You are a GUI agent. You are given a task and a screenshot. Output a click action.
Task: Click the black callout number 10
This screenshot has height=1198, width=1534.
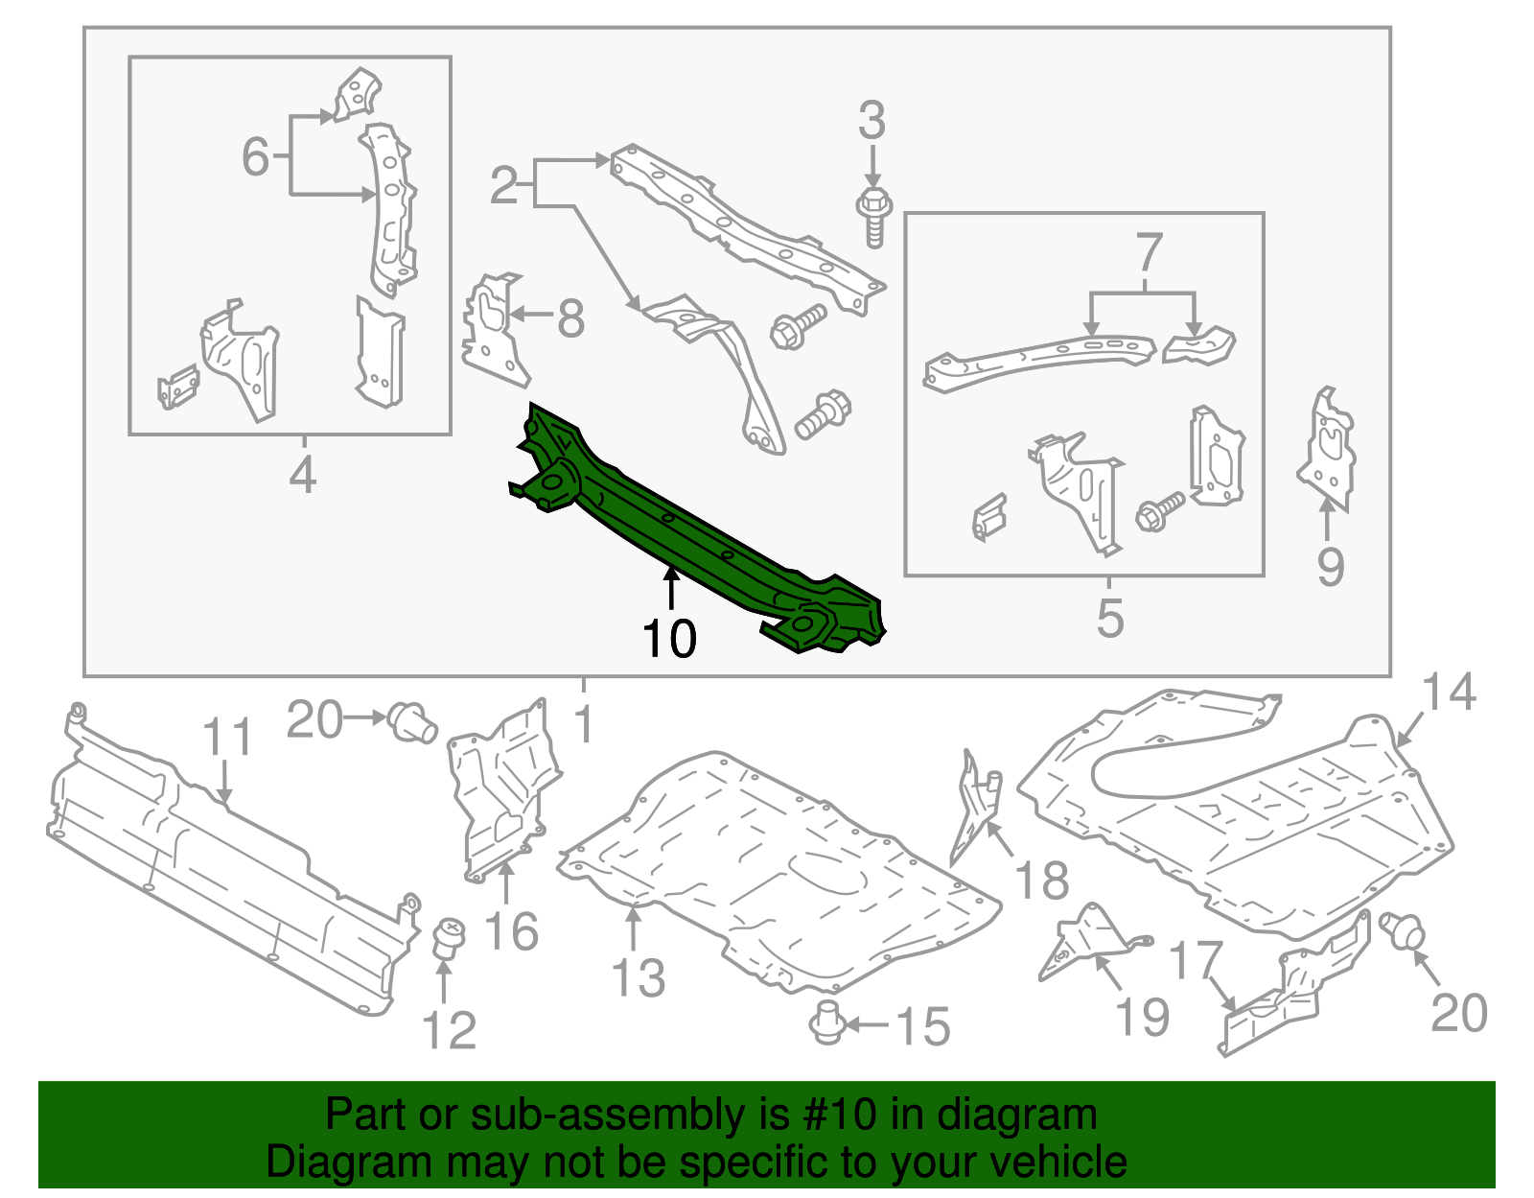click(669, 638)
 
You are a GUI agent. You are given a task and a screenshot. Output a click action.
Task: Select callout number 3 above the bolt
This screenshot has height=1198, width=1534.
click(872, 122)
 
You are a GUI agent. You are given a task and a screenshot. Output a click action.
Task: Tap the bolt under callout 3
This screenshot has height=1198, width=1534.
click(873, 217)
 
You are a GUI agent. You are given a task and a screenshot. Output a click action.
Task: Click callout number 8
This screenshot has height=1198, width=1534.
click(570, 318)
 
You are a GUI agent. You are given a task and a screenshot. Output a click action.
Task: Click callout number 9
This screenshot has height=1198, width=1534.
click(1330, 567)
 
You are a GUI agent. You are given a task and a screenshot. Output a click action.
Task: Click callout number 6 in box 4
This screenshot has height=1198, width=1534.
click(255, 156)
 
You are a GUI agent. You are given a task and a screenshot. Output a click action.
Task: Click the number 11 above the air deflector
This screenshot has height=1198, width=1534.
click(227, 738)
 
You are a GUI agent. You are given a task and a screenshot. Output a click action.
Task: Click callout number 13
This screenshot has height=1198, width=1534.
click(638, 978)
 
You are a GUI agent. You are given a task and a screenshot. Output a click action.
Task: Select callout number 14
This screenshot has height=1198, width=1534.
click(1449, 692)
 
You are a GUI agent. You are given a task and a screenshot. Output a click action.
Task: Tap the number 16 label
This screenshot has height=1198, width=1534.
click(511, 931)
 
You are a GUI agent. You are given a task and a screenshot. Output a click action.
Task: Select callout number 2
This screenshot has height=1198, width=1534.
click(503, 185)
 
